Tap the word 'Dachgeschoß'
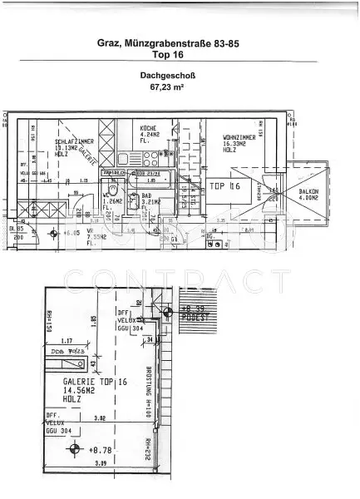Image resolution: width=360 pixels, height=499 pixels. [180, 75]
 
